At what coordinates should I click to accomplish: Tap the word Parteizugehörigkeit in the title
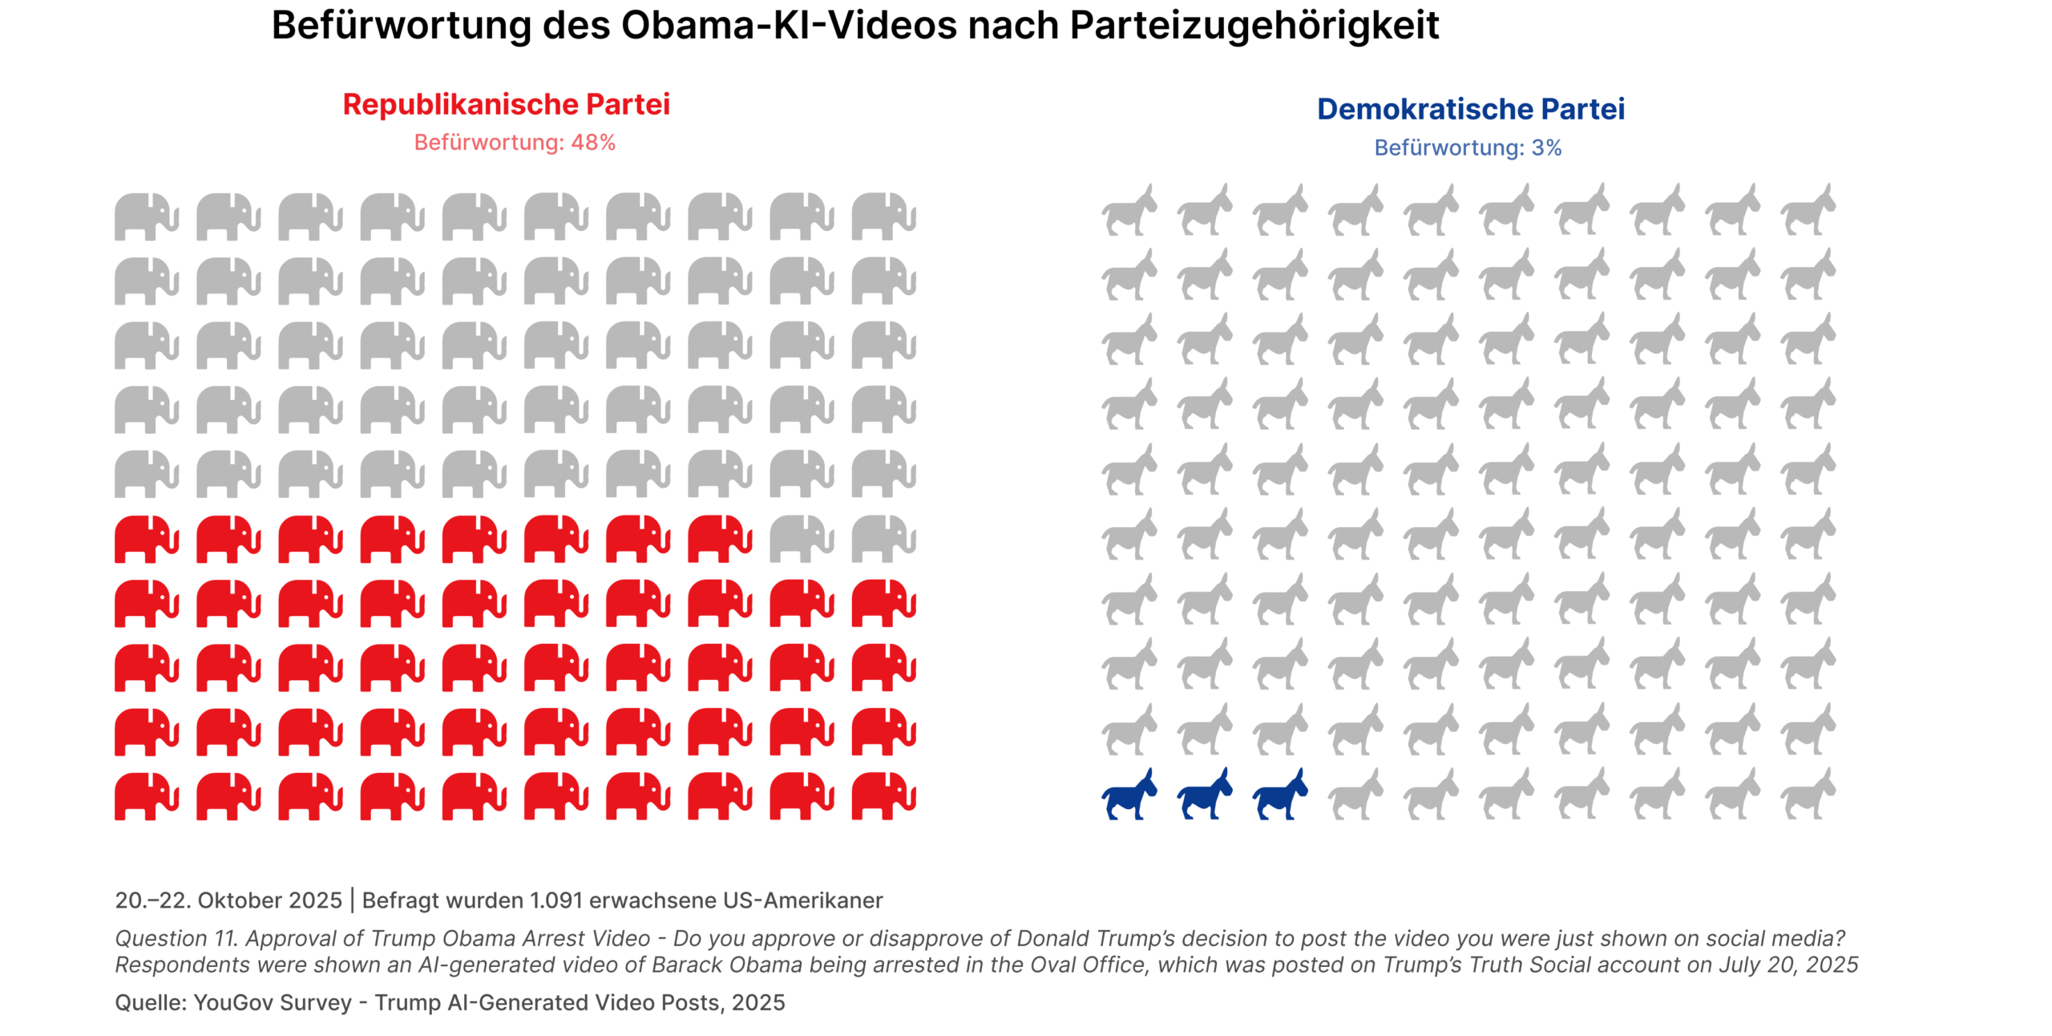(x=1254, y=26)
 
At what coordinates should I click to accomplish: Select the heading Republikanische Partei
(x=506, y=104)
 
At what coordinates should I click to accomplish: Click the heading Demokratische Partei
(x=1470, y=109)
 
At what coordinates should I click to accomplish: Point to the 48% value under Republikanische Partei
(x=593, y=143)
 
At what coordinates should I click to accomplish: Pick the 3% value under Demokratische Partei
(x=1546, y=148)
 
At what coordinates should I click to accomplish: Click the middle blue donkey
(x=1204, y=794)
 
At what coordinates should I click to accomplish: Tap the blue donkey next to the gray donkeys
(x=1279, y=794)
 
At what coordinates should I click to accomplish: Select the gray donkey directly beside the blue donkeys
(x=1355, y=794)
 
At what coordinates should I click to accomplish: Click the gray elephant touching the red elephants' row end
(x=801, y=538)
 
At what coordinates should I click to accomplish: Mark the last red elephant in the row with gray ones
(x=719, y=538)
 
